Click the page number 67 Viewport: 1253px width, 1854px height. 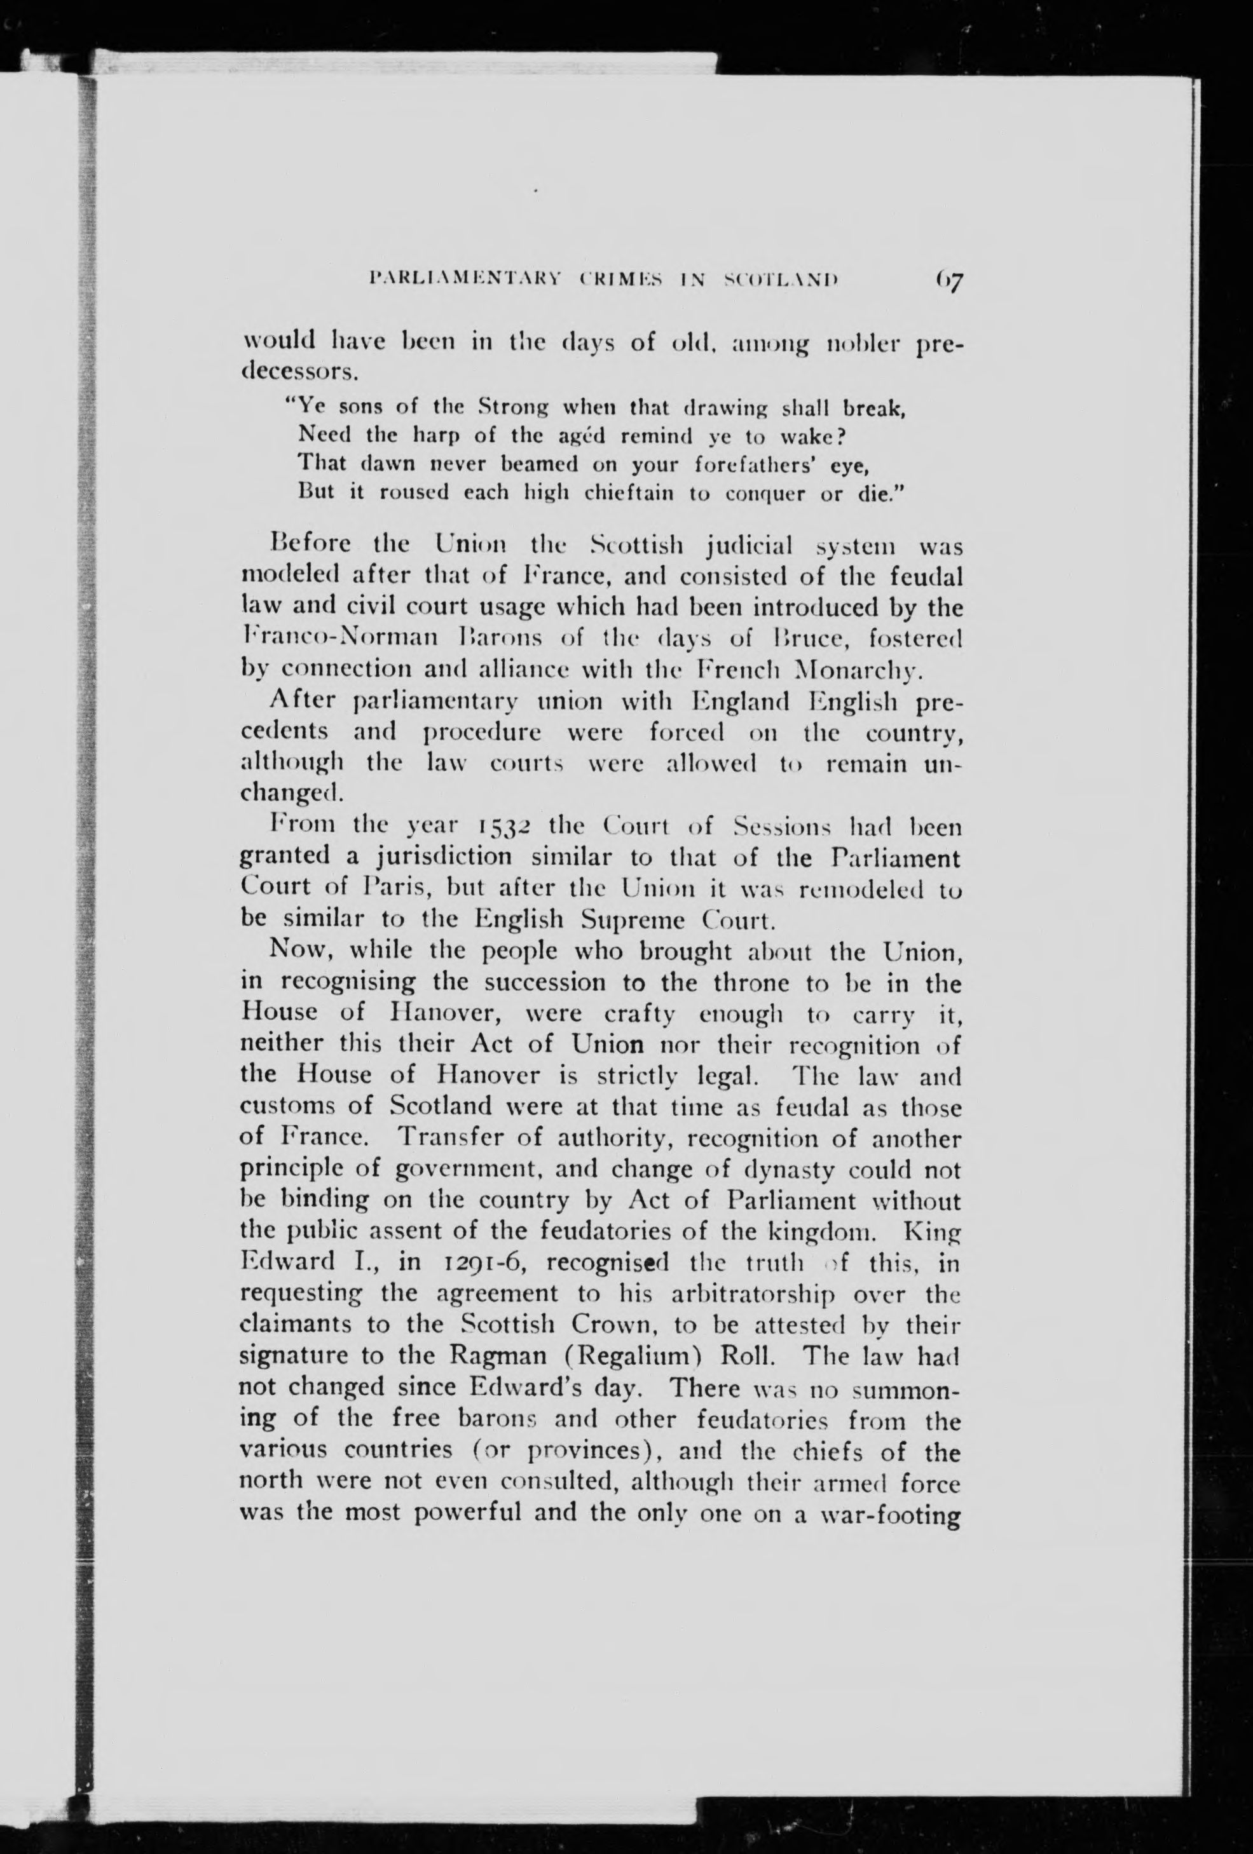tap(946, 281)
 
